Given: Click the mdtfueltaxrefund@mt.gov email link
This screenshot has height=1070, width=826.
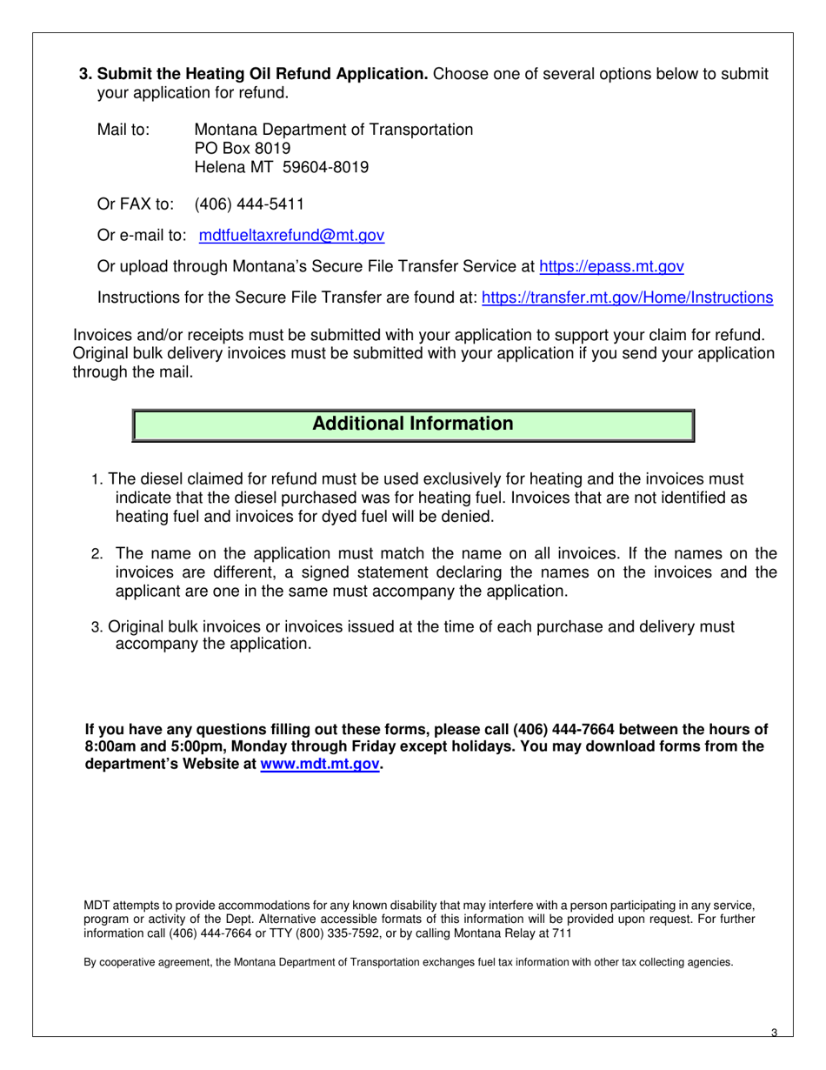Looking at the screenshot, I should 291,236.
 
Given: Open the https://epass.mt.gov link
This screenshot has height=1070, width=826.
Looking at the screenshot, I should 611,267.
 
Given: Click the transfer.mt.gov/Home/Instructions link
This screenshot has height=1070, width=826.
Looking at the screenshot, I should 626,298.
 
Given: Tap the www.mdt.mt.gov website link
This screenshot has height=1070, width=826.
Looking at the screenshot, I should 319,765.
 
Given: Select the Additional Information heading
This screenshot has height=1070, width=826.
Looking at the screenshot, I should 412,425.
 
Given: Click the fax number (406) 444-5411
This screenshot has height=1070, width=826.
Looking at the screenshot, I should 249,204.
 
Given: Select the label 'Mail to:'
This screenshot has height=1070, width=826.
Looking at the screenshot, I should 123,130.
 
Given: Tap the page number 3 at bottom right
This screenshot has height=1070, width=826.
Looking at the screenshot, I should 774,1033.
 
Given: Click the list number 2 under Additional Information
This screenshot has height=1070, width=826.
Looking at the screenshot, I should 97,555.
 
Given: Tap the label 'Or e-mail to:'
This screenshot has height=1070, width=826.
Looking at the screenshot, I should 142,236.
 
